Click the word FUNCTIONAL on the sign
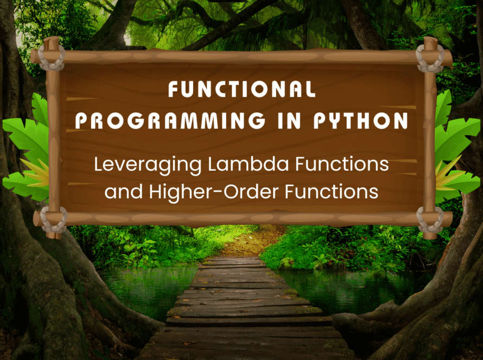242,89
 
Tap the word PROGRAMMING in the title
170,120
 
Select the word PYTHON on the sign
361,120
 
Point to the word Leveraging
148,165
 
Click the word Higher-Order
214,191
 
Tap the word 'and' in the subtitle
124,191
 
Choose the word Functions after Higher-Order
332,191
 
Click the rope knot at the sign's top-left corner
52,57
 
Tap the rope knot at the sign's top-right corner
430,59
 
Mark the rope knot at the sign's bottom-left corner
54,220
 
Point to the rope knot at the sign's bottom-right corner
430,220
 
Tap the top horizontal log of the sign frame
241,56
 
